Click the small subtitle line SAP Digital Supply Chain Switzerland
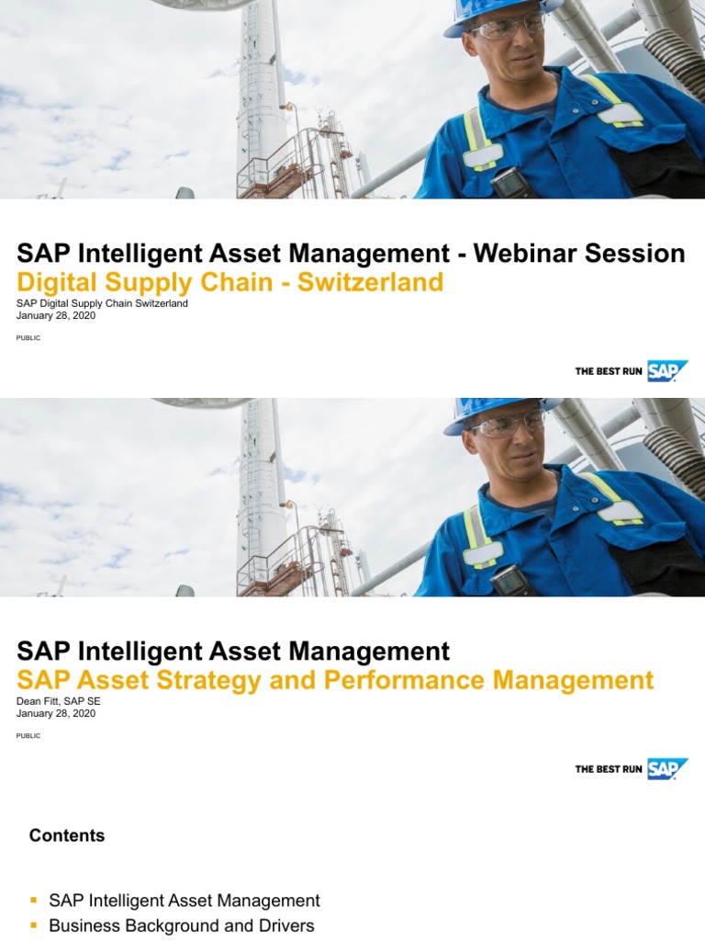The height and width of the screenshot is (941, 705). pos(102,303)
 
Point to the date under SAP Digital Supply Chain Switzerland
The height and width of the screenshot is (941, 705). pos(56,315)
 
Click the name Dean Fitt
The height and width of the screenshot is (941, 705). pos(40,701)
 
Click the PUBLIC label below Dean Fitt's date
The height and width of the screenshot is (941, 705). pos(28,736)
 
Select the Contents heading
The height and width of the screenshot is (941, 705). pos(67,835)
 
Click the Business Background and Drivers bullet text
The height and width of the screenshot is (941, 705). pos(181,925)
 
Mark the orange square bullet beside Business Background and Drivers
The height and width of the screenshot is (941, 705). pos(34,925)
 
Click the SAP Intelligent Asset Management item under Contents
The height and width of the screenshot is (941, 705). pos(185,901)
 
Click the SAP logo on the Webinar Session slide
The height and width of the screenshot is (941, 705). pos(666,370)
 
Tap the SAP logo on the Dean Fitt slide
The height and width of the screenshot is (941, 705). pos(666,768)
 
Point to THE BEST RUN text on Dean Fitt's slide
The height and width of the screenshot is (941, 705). pos(608,769)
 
